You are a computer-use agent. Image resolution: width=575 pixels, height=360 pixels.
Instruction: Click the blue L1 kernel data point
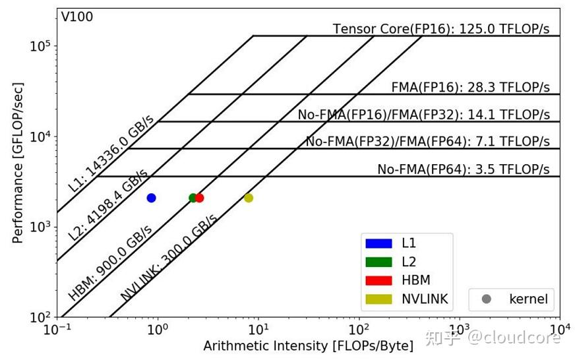coord(151,198)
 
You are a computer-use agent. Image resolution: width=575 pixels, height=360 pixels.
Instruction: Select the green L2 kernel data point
coord(193,198)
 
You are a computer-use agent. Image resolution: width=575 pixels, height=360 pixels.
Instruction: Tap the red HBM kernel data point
coord(199,198)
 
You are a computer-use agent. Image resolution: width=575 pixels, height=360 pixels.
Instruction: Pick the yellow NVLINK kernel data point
coord(249,198)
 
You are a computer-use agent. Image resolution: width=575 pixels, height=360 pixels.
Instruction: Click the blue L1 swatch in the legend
coord(378,243)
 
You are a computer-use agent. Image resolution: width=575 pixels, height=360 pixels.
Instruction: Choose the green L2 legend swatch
coord(378,262)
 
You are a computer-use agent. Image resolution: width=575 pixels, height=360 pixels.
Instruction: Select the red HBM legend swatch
coord(378,280)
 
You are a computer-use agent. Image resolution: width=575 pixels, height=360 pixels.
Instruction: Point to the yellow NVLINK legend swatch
coord(378,299)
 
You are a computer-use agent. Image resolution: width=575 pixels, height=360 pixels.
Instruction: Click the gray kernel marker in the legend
coord(487,299)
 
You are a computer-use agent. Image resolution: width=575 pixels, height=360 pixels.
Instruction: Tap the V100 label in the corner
coord(77,17)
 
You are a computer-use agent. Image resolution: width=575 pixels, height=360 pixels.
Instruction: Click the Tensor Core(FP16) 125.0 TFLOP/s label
coord(440,29)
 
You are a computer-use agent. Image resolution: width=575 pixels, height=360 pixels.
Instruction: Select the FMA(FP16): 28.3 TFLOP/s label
coord(470,88)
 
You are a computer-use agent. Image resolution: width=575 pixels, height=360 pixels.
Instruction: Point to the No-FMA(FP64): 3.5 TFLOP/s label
coord(463,169)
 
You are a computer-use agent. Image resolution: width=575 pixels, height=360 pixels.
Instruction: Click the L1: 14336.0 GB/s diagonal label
coord(111,154)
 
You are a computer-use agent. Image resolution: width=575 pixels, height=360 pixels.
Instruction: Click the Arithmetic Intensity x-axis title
coord(308,346)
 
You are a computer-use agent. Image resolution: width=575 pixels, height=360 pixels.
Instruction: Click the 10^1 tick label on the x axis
coord(258,329)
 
